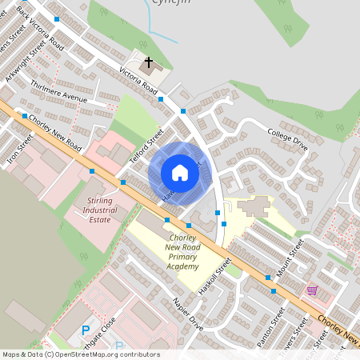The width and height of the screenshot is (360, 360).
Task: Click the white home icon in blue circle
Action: (x=180, y=173)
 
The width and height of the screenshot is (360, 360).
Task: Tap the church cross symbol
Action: (x=148, y=62)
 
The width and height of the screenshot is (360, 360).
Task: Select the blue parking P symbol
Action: (x=86, y=330)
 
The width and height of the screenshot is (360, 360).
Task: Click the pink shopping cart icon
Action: (x=312, y=290)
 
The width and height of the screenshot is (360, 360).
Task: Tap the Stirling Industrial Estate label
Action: (x=99, y=210)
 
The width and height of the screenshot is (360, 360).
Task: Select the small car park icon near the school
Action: (x=218, y=212)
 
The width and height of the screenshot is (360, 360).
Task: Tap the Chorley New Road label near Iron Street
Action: (x=54, y=135)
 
